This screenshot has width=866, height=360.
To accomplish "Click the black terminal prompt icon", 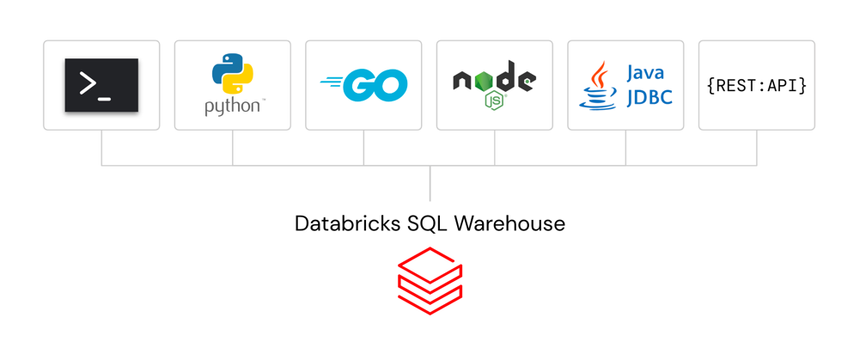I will (x=101, y=85).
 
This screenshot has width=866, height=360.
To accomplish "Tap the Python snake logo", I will (x=232, y=74).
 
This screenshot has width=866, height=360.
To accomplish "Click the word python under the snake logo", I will (x=232, y=107).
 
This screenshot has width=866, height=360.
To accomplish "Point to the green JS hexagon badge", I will (x=495, y=101).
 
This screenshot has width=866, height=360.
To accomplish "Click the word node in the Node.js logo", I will (x=494, y=79).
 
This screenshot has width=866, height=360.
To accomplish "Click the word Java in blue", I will (x=645, y=72).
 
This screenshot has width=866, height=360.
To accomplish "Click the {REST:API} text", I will (x=756, y=85).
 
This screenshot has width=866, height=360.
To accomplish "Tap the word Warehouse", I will (x=509, y=224).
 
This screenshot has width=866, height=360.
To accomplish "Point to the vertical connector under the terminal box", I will (x=101, y=147).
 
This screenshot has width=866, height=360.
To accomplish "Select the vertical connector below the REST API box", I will (x=757, y=147).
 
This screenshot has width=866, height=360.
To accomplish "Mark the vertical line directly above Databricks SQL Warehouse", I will (x=430, y=183).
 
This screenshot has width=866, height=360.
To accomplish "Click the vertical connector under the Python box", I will (x=233, y=147).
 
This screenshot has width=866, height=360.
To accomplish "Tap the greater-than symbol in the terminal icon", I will (x=87, y=82).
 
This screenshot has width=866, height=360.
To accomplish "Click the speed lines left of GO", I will (x=331, y=84).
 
